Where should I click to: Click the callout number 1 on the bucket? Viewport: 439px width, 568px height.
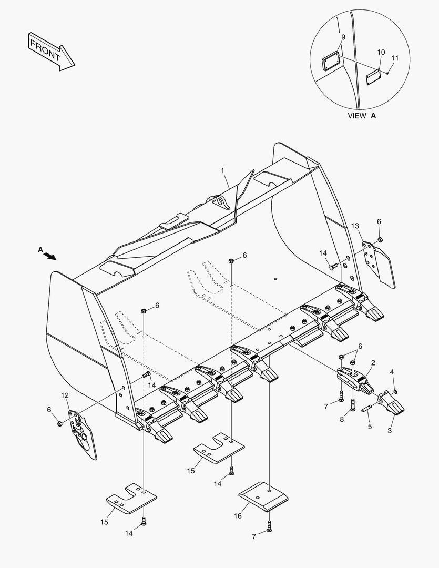[x=223, y=170]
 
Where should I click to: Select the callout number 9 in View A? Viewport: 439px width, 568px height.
[x=343, y=37]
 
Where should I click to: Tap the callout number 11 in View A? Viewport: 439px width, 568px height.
[x=395, y=58]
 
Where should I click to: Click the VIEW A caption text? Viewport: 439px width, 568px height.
[x=362, y=116]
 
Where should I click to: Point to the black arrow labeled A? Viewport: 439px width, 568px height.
[x=50, y=256]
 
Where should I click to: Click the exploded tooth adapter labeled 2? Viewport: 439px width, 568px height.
[x=355, y=379]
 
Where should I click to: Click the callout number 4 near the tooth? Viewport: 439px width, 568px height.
[x=391, y=373]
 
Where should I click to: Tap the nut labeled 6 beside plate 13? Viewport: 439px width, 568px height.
[x=381, y=240]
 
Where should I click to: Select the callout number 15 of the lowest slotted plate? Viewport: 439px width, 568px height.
[x=104, y=522]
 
